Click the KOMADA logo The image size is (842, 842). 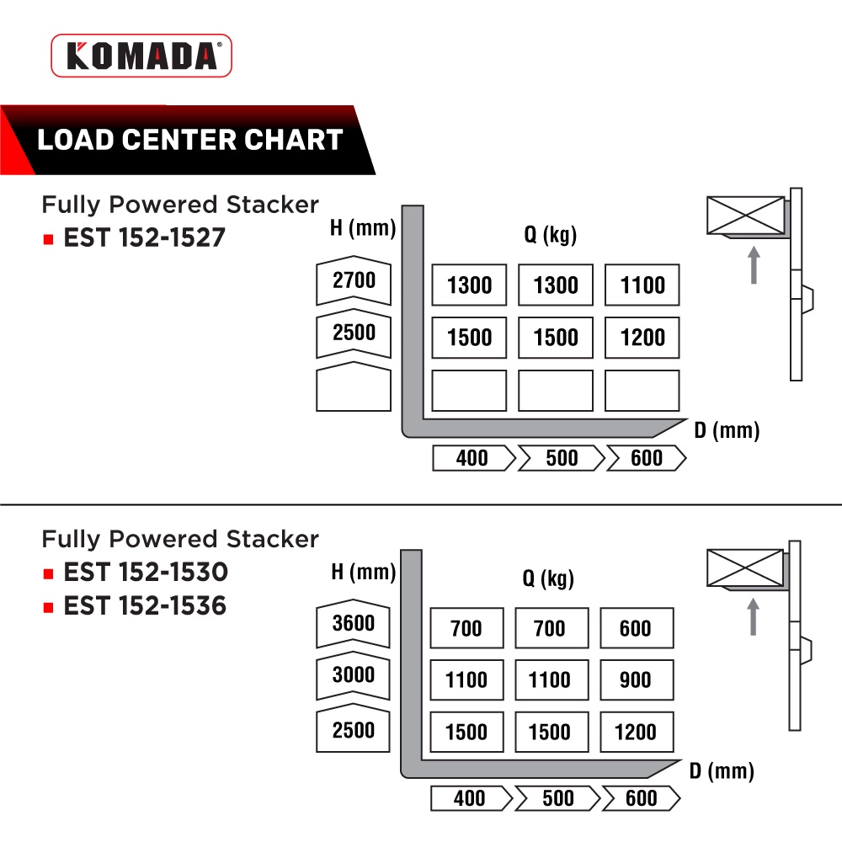[x=141, y=56]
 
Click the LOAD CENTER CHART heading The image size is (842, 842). [x=190, y=140]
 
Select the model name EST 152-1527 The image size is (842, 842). [x=145, y=237]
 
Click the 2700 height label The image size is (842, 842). [x=354, y=280]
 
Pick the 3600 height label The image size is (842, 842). [x=354, y=625]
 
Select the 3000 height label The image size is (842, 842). [x=354, y=676]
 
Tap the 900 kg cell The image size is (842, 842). [x=637, y=680]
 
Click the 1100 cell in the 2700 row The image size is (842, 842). [x=642, y=285]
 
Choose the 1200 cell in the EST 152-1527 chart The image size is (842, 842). [x=642, y=338]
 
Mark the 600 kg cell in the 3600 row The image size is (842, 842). [x=637, y=629]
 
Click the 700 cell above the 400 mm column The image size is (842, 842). [x=466, y=629]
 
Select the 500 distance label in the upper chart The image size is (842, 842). [x=561, y=458]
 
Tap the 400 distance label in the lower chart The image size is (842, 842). [x=470, y=798]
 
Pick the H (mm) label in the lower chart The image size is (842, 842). [x=363, y=573]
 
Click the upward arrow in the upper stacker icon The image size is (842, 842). [x=754, y=264]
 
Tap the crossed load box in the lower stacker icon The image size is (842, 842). [x=745, y=567]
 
